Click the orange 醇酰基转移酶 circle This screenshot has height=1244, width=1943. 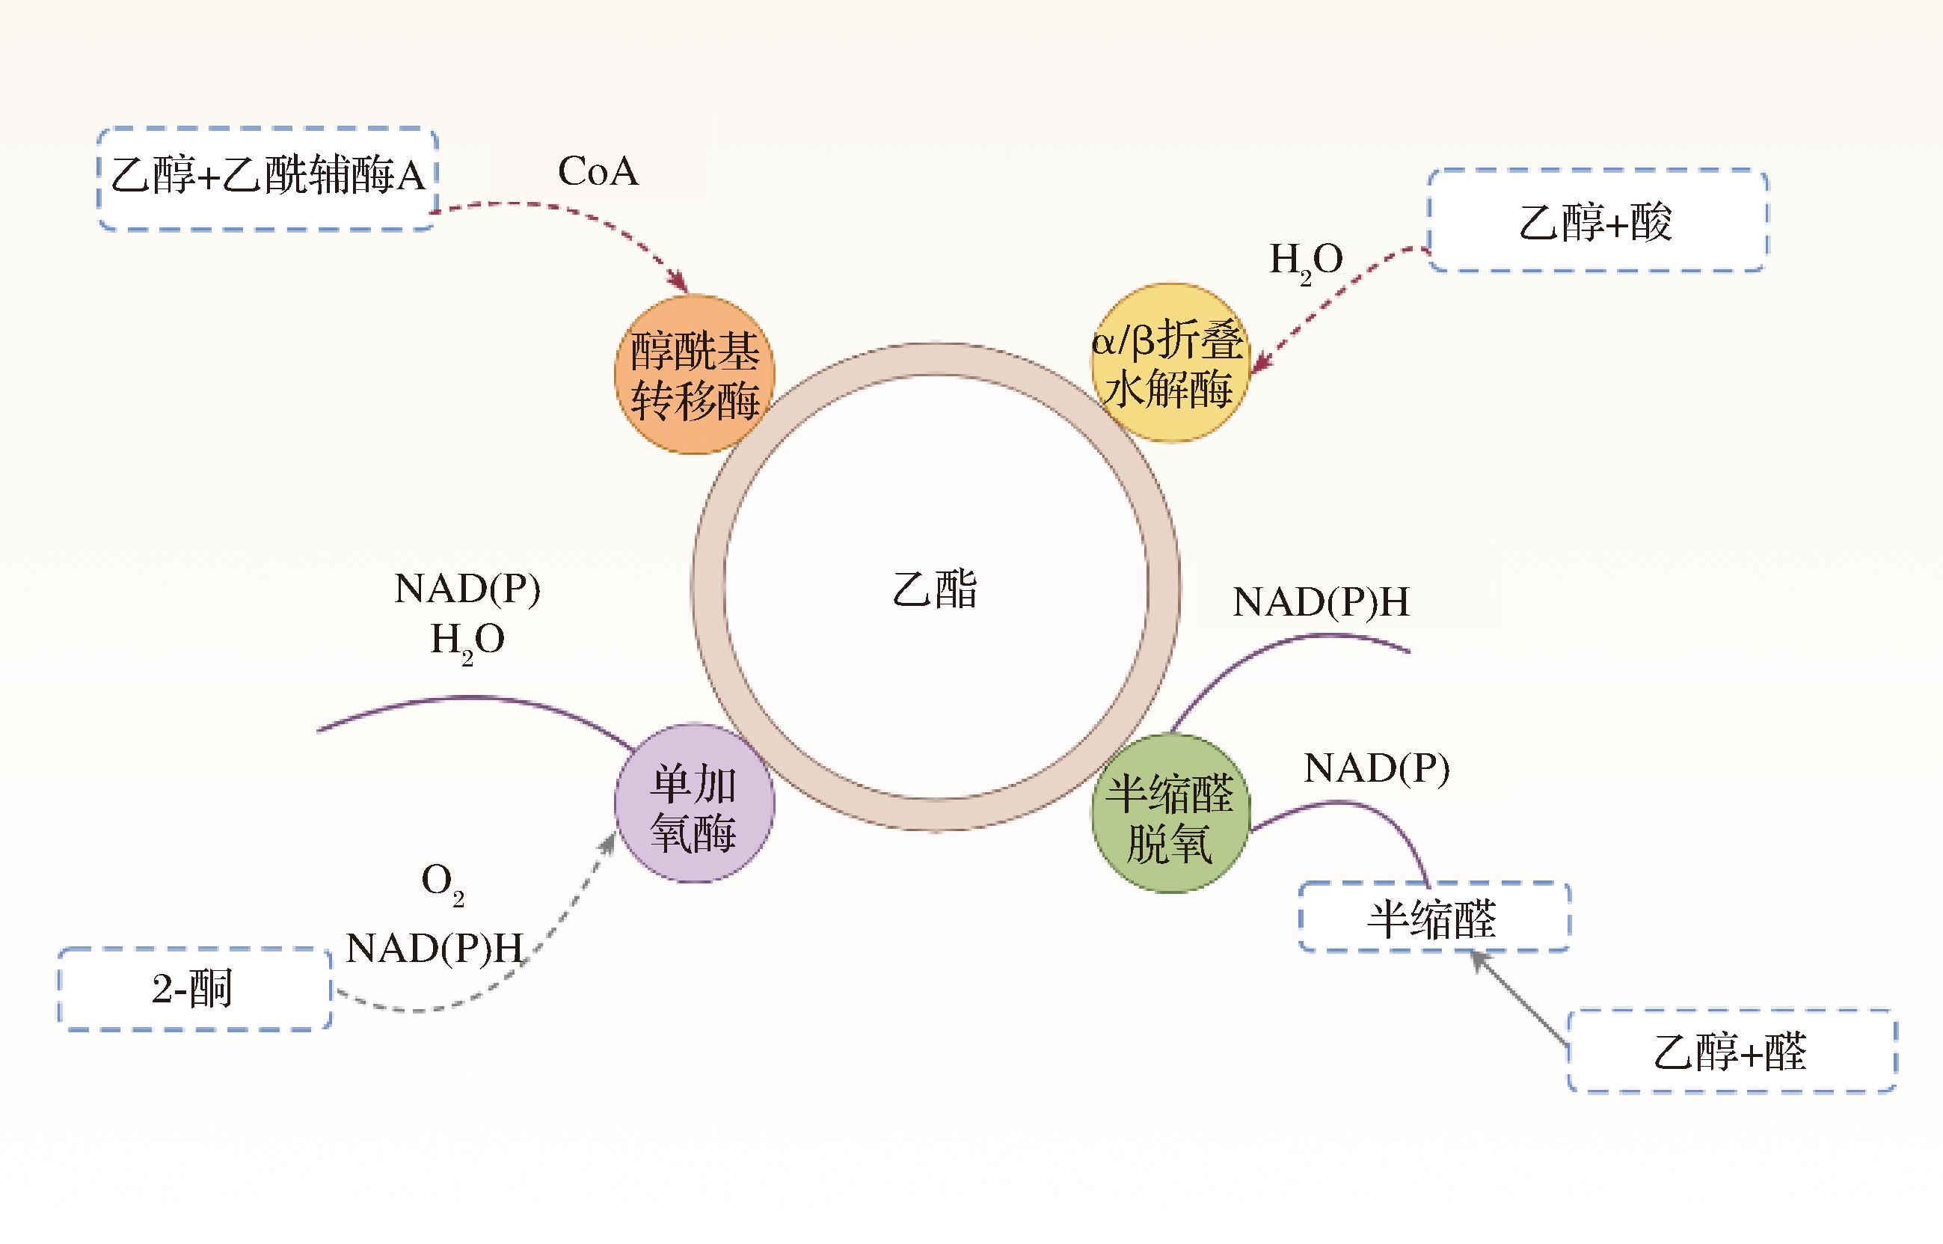click(x=694, y=375)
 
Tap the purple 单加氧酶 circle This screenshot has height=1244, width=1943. click(x=694, y=803)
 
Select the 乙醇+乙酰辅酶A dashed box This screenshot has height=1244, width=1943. click(x=267, y=178)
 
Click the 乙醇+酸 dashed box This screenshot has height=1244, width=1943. click(x=1597, y=221)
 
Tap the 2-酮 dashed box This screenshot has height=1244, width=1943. click(x=194, y=989)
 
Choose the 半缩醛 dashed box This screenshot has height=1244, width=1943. click(x=1434, y=918)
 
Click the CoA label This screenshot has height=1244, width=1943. click(x=598, y=171)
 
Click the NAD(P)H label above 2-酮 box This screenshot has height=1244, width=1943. click(x=435, y=948)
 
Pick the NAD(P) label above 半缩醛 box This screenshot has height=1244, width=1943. click(x=1376, y=767)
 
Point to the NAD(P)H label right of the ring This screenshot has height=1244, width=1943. click(x=1320, y=603)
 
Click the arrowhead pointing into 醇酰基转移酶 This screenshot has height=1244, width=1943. click(x=680, y=284)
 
